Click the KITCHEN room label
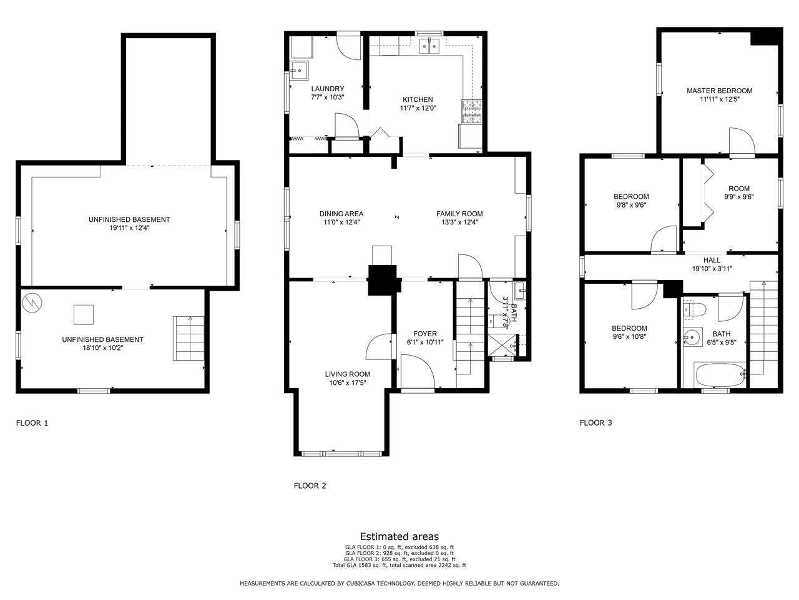pyautogui.click(x=418, y=99)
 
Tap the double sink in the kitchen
pyautogui.click(x=429, y=46)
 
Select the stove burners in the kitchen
pyautogui.click(x=472, y=111)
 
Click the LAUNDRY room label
pyautogui.click(x=328, y=89)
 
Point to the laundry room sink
pyautogui.click(x=299, y=70)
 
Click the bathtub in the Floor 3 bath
pyautogui.click(x=720, y=375)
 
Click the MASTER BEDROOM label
pyautogui.click(x=719, y=91)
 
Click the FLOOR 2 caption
pyautogui.click(x=310, y=486)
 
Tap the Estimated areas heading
pyautogui.click(x=399, y=536)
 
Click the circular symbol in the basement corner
pyautogui.click(x=32, y=302)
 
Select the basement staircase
pyautogui.click(x=188, y=338)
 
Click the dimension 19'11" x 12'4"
pyautogui.click(x=130, y=228)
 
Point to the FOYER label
pyautogui.click(x=425, y=334)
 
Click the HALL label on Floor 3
pyautogui.click(x=712, y=260)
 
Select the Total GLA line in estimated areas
pyautogui.click(x=399, y=565)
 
